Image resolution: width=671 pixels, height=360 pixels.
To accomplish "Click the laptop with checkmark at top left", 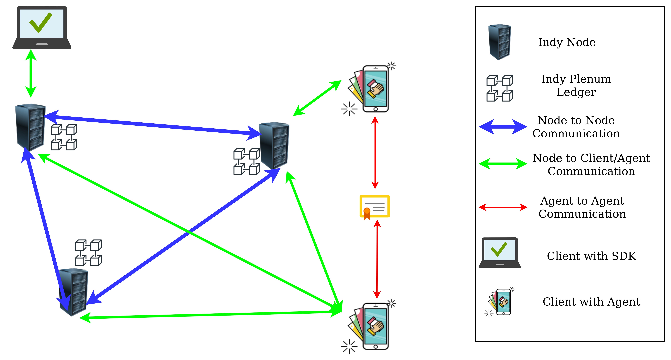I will [x=42, y=27].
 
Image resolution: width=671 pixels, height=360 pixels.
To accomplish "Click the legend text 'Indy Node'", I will [x=567, y=42].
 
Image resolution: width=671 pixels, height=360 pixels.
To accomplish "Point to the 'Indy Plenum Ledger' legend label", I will [x=576, y=85].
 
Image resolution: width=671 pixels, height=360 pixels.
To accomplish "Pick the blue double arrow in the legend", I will [x=503, y=127].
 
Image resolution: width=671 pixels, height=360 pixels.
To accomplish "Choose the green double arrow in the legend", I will [x=503, y=164].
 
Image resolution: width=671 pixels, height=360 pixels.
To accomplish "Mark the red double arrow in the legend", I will [x=503, y=207].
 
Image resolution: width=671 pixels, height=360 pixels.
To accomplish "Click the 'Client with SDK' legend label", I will [x=591, y=256].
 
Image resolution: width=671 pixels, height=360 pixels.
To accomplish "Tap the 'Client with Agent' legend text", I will [x=591, y=302].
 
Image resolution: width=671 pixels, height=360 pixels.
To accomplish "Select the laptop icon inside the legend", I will [x=500, y=253].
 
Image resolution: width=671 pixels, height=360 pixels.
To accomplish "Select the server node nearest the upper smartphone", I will [x=274, y=146].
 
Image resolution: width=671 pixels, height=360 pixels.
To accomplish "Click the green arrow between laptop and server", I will [x=31, y=73].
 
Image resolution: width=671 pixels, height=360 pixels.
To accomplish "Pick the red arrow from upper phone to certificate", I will [x=375, y=152].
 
